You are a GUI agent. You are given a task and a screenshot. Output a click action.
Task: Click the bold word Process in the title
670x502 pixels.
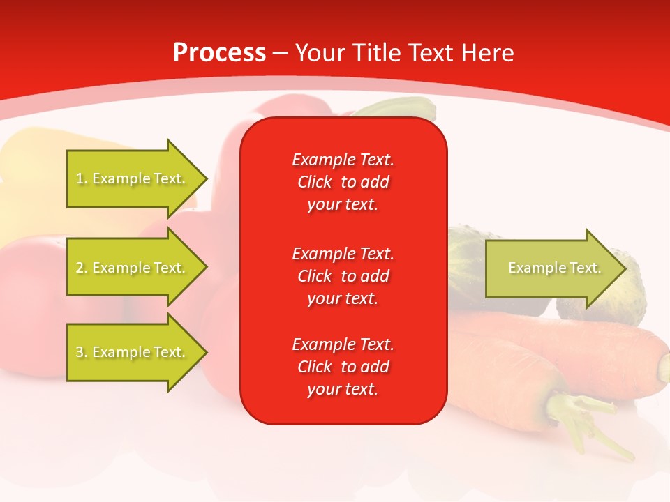pyautogui.click(x=219, y=53)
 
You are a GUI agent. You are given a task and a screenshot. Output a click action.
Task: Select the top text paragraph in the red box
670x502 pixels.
pyautogui.click(x=343, y=182)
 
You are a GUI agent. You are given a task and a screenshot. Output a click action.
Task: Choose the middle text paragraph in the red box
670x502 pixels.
pyautogui.click(x=343, y=276)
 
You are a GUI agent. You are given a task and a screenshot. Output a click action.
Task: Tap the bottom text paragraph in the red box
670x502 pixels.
pyautogui.click(x=343, y=367)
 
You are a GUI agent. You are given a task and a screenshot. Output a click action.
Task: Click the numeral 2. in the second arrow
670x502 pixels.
pyautogui.click(x=82, y=268)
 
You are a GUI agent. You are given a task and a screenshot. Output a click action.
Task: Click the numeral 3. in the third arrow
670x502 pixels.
pyautogui.click(x=82, y=352)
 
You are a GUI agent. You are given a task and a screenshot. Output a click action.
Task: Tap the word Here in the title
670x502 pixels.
pyautogui.click(x=489, y=53)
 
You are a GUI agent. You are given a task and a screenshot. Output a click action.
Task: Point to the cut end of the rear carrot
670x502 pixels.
pyautogui.click(x=663, y=363)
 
